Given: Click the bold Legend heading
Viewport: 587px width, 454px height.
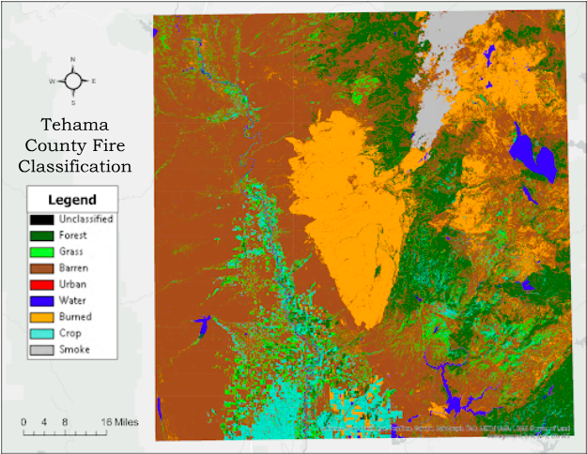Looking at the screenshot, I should pyautogui.click(x=71, y=200).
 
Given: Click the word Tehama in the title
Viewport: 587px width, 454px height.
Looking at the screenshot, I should pyautogui.click(x=78, y=124).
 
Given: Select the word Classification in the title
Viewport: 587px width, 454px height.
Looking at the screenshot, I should pyautogui.click(x=78, y=167).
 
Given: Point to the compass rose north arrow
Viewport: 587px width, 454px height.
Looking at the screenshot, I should pyautogui.click(x=73, y=81).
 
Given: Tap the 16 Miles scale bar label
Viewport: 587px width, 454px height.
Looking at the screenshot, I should pyautogui.click(x=121, y=422).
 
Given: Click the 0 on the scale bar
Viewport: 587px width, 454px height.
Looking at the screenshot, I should pyautogui.click(x=23, y=422).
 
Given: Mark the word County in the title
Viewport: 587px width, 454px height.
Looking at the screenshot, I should pyautogui.click(x=78, y=145).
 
